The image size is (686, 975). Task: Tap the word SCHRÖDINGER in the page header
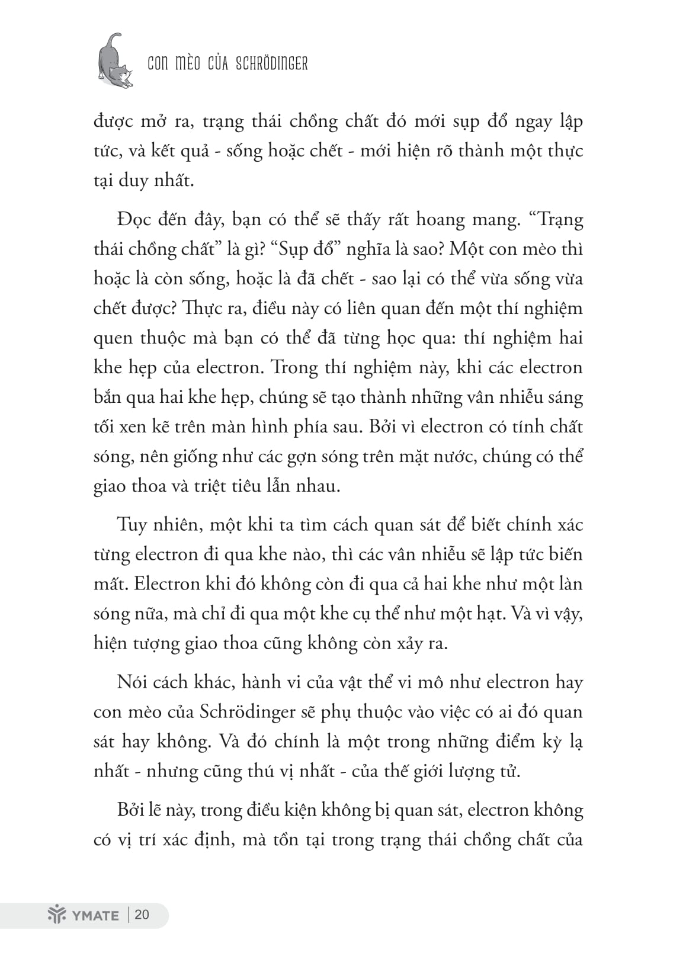271,64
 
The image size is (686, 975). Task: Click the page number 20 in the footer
142,915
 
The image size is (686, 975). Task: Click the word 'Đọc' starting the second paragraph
133,220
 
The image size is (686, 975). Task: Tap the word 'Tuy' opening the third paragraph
132,525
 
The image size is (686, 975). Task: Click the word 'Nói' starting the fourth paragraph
132,682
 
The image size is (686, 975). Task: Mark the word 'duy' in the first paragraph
133,180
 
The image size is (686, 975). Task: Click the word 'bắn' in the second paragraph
107,397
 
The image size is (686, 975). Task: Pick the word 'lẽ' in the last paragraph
155,810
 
